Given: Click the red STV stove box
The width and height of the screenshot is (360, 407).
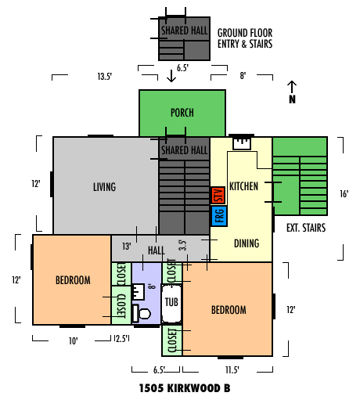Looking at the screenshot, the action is [x=218, y=195].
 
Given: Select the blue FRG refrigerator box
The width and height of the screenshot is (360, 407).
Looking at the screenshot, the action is [x=219, y=216].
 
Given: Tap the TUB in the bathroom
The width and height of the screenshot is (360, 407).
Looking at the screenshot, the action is [x=171, y=304].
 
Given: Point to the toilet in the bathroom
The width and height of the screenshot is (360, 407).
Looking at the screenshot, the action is [x=142, y=313].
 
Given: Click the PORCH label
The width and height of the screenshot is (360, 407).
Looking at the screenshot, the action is [x=182, y=113].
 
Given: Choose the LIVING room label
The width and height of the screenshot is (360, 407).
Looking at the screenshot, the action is [x=104, y=187].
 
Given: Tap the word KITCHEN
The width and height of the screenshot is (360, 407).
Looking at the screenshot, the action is [x=243, y=186].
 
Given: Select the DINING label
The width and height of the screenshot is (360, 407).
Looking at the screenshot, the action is [x=247, y=243].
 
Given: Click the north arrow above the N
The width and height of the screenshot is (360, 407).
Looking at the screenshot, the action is [x=292, y=87].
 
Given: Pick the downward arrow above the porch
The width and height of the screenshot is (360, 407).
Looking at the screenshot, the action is [x=171, y=76].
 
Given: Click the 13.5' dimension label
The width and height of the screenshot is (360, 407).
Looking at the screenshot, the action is [x=105, y=77].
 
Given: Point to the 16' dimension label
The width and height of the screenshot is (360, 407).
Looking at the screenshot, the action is [x=344, y=194].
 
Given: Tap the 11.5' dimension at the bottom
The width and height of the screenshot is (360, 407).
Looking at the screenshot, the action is [x=232, y=369].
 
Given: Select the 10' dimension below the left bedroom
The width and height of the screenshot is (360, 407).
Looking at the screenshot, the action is [x=74, y=341].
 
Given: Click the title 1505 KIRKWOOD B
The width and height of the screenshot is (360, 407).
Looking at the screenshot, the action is [x=185, y=388].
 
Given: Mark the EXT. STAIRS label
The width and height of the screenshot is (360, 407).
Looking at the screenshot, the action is [x=306, y=228].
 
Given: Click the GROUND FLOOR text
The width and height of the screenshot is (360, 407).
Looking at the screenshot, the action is [x=245, y=33].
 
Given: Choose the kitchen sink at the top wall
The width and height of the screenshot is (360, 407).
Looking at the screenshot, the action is [x=242, y=144].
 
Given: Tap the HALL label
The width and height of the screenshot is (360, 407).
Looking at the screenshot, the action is [x=157, y=250].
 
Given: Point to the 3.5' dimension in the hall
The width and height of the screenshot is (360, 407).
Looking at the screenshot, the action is [x=182, y=245].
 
